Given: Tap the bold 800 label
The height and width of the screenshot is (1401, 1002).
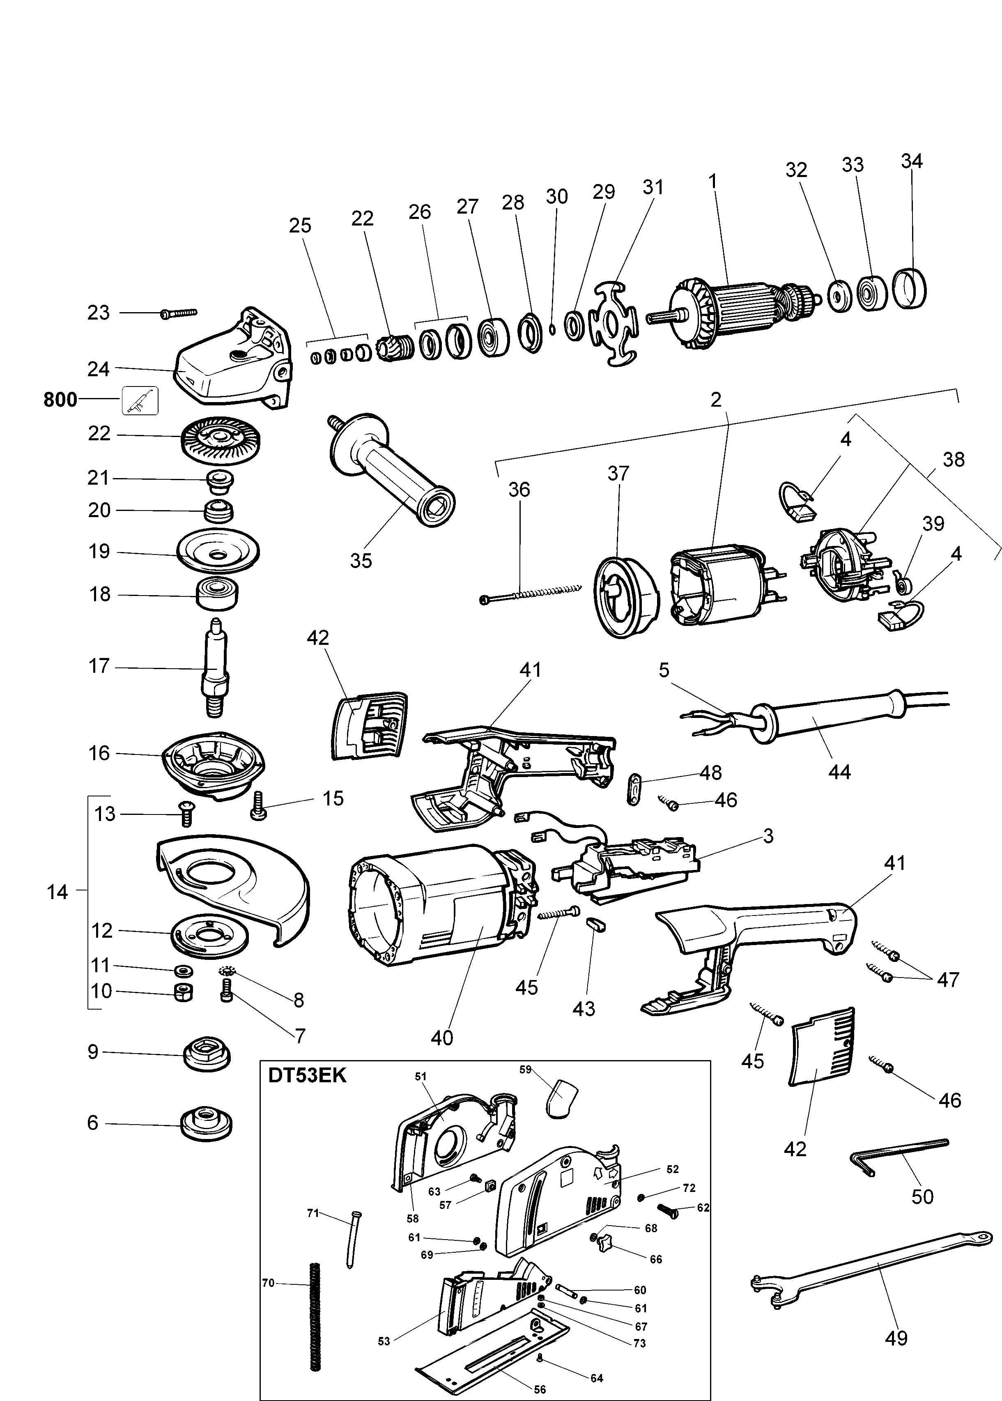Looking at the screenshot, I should point(60,400).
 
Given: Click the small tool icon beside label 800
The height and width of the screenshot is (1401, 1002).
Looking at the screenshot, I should point(140,400).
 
